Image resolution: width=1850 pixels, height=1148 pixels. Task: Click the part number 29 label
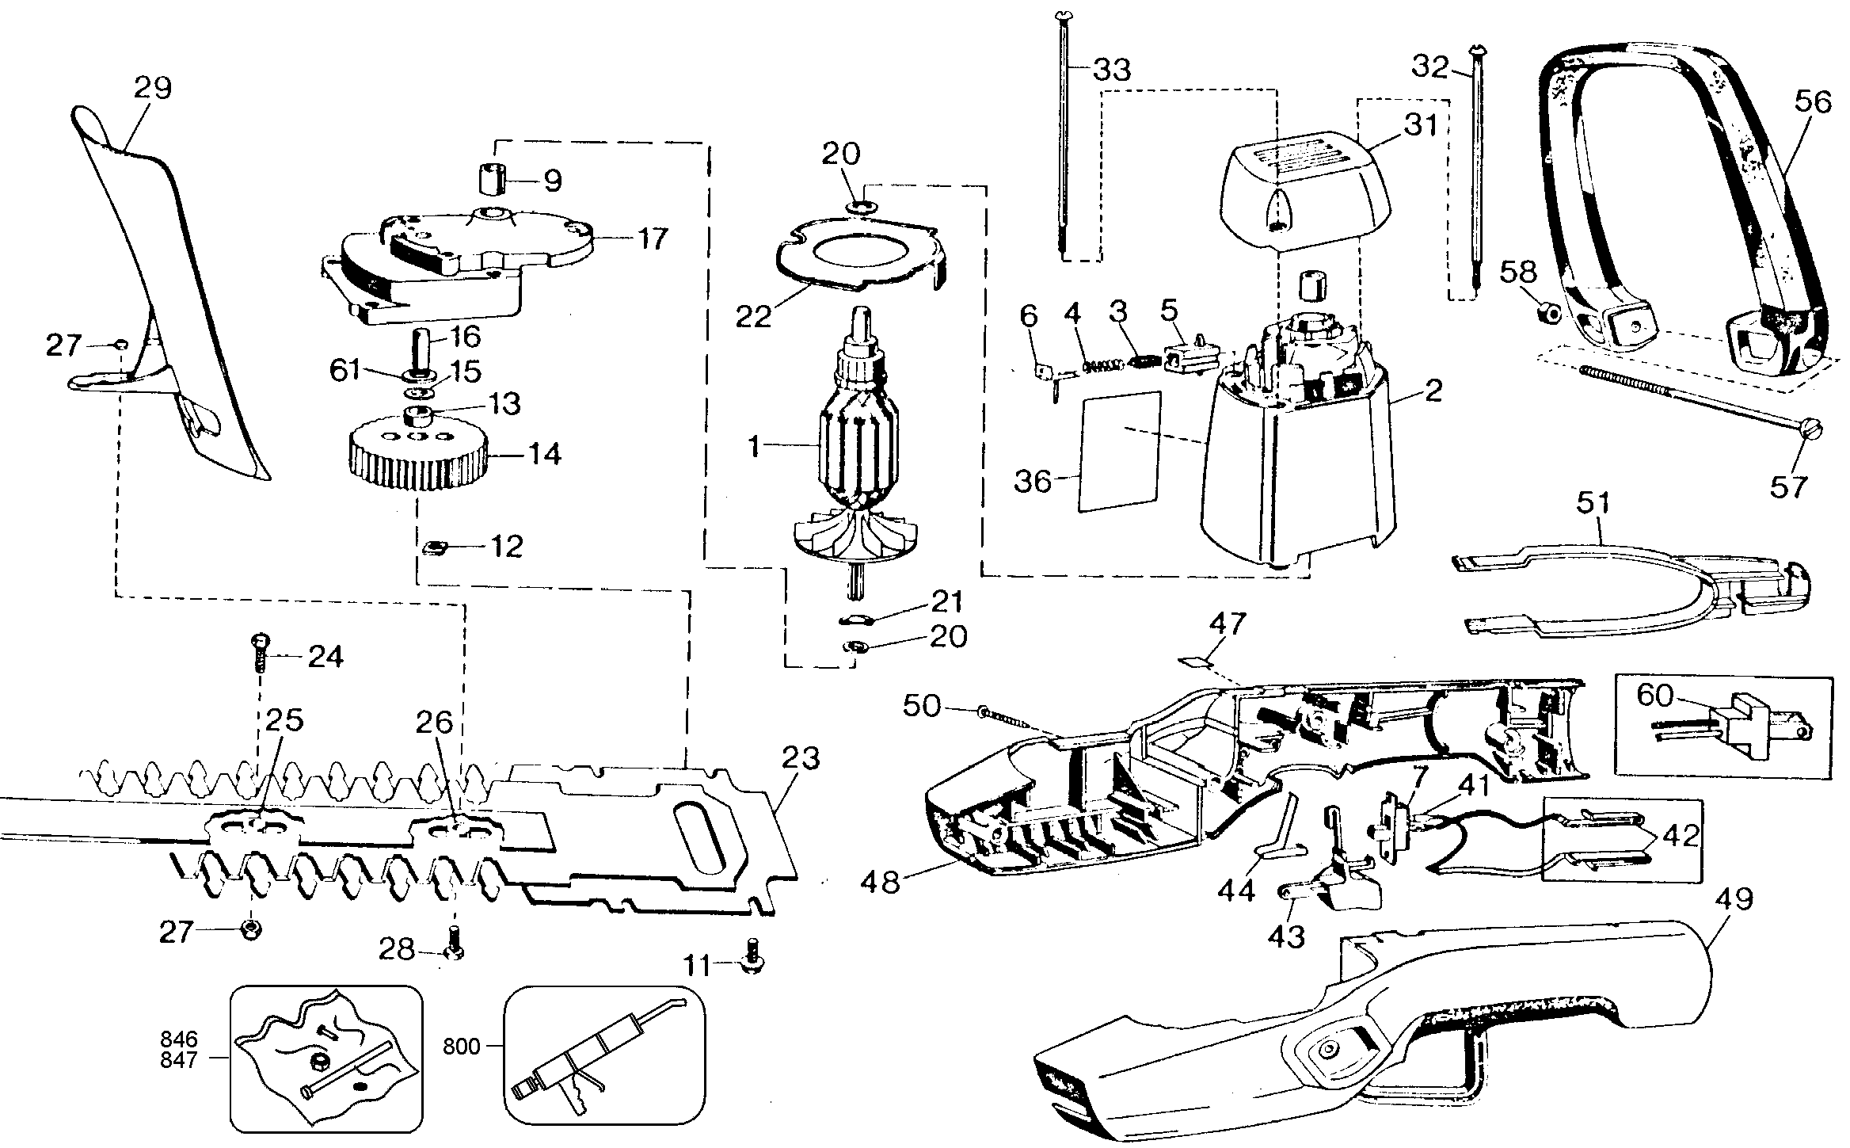pyautogui.click(x=153, y=88)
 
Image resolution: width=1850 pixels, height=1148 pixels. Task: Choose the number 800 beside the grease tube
pyautogui.click(x=462, y=1047)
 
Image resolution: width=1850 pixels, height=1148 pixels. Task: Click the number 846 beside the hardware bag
pyautogui.click(x=178, y=1039)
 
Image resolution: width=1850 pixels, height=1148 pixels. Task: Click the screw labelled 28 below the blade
pyautogui.click(x=454, y=948)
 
